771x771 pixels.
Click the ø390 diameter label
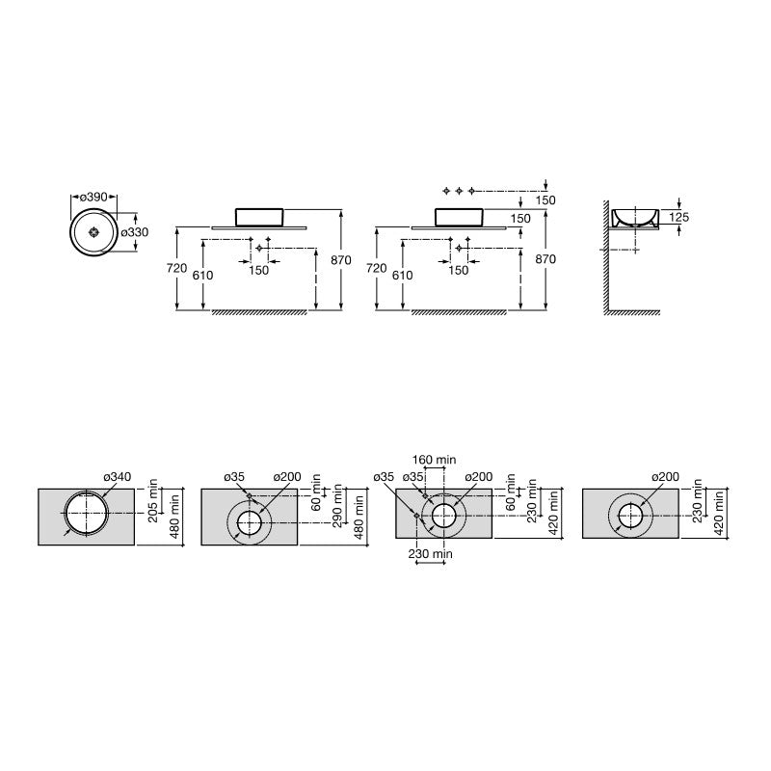93,198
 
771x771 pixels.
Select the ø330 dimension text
135,231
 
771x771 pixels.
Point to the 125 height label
678,217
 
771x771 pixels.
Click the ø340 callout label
117,476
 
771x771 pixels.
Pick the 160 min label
434,460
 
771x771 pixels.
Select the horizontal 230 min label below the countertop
430,553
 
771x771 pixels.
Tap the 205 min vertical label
153,500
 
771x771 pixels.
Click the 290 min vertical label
337,505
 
